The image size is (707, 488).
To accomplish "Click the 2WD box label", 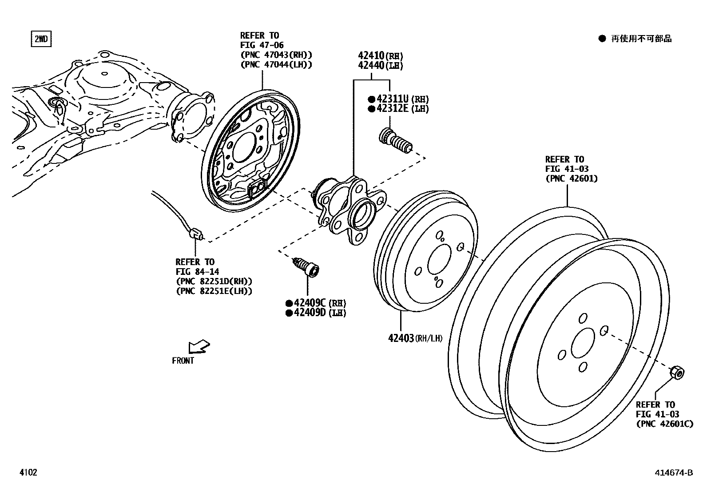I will coord(40,40).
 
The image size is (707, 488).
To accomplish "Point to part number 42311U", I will coord(392,99).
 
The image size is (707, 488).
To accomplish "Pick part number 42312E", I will coord(392,109).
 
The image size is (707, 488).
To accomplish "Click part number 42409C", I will coord(306,303).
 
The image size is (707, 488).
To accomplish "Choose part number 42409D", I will coord(306,313).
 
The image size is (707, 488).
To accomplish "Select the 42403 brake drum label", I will coord(401,338).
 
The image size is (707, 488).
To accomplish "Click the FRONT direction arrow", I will coord(199,346).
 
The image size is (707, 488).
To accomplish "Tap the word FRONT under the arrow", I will coord(183,361).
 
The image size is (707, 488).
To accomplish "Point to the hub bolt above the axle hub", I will coord(396,142).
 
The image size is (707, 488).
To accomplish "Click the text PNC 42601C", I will coord(664,424).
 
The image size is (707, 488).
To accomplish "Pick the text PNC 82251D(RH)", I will coord(214,282).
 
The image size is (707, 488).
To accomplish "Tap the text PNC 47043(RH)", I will coord(276,55).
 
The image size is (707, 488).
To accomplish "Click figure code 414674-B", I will coord(673,472).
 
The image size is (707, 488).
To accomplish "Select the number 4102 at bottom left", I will coord(28,472).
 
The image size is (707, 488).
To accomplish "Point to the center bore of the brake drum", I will coord(439,261).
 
